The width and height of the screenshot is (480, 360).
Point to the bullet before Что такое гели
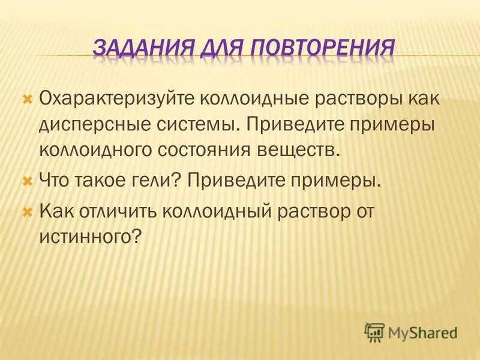coord(26,179)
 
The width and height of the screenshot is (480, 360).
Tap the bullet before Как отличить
coord(26,211)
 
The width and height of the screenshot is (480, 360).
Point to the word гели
coord(154,179)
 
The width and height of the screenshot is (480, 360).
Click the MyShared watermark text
coord(422,332)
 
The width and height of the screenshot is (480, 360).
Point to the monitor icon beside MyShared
coord(374,331)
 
